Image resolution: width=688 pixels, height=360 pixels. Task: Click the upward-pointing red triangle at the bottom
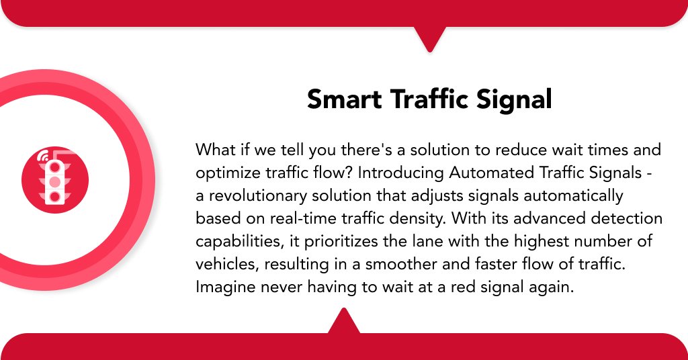pyautogui.click(x=344, y=321)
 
